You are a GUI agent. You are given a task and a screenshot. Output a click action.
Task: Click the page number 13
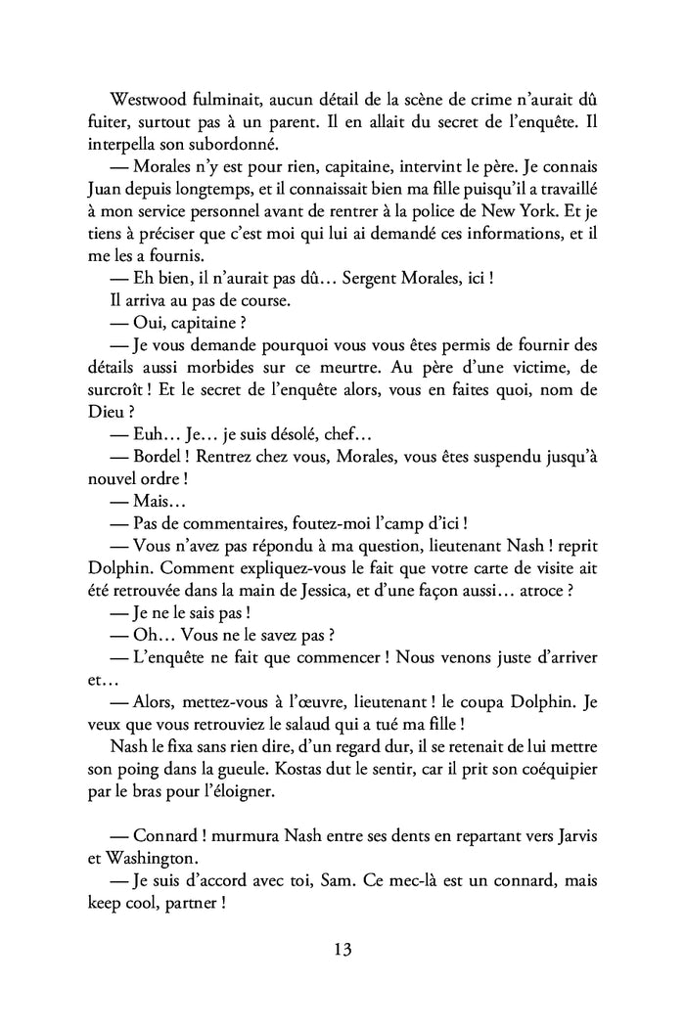click(342, 949)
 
